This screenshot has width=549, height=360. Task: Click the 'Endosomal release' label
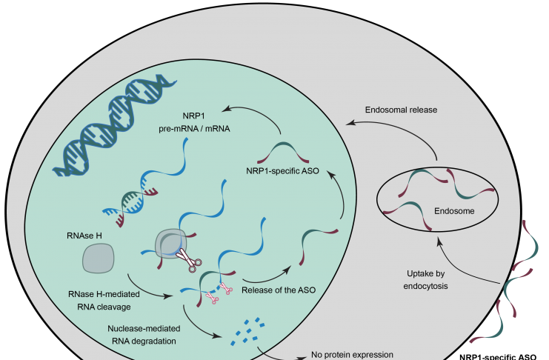[x=401, y=110]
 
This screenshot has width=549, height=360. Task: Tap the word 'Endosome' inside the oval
[x=454, y=211]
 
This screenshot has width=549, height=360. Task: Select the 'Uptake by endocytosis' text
[x=425, y=280]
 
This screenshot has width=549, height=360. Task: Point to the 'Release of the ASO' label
[x=279, y=290]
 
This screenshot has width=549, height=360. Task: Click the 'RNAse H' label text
[x=84, y=236]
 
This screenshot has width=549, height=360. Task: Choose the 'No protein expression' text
[x=352, y=355]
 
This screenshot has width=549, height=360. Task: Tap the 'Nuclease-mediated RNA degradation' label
[x=144, y=335]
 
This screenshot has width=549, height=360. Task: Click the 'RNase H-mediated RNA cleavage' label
[x=104, y=301]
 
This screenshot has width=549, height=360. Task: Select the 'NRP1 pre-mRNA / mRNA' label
[x=194, y=122]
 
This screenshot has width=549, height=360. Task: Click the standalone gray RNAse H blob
[x=98, y=259]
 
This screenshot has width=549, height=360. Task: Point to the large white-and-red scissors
[x=189, y=260]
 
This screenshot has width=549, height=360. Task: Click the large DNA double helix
[x=114, y=124]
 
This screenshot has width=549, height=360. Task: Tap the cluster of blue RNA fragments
[x=247, y=331]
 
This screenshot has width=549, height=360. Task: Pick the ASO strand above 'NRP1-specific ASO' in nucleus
[x=283, y=151]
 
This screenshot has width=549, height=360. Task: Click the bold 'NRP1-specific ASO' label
[x=498, y=357]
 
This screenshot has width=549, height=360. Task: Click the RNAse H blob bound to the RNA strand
[x=170, y=244]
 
